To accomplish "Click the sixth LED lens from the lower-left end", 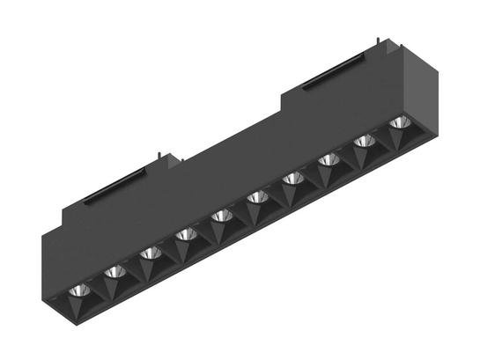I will [257, 197].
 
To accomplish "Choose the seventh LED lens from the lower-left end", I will [292, 179].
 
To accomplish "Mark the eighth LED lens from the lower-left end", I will [329, 160].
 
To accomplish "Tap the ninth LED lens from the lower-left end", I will [364, 142].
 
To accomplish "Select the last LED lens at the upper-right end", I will [399, 122].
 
